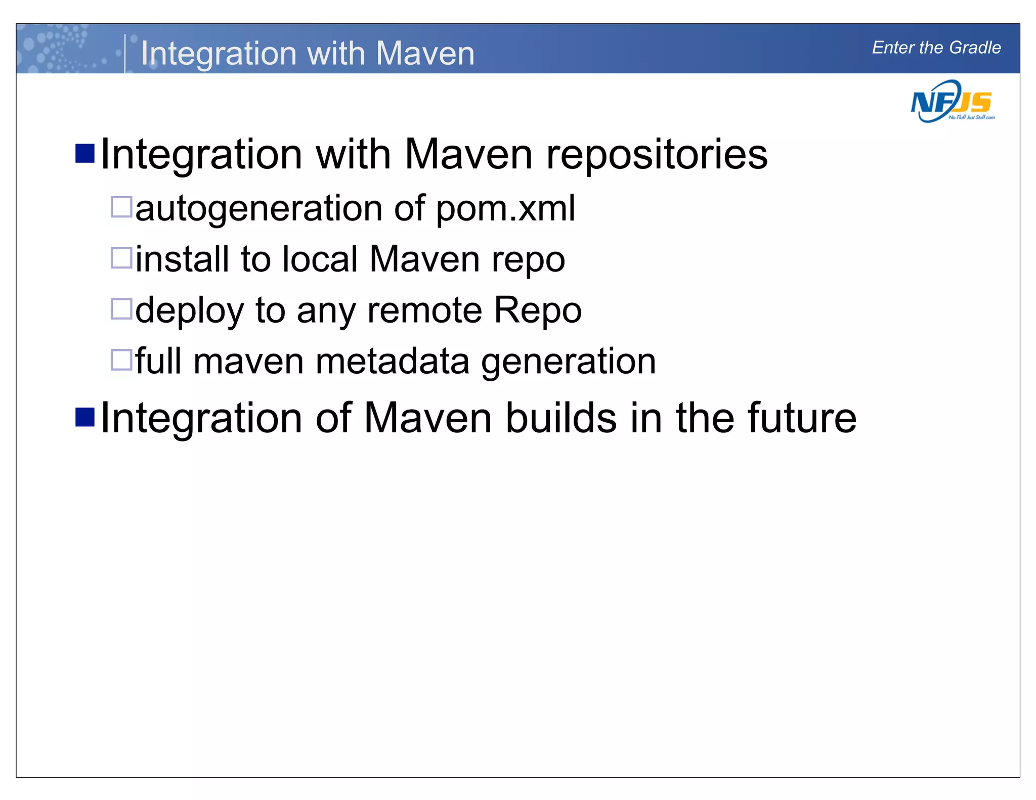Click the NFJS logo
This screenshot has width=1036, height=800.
pos(952,102)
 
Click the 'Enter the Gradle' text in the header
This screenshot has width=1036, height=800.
pos(936,48)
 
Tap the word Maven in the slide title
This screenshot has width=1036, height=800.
pos(425,53)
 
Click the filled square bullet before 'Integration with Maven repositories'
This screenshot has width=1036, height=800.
pos(85,154)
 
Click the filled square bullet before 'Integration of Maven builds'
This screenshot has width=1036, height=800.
pos(85,417)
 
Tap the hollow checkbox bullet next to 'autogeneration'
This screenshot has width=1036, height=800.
pos(121,207)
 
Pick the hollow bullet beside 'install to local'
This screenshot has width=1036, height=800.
pos(121,258)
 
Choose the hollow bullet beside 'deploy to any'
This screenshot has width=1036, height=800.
pos(121,309)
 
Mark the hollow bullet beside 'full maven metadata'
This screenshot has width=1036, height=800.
pos(121,360)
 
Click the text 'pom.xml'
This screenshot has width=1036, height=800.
pos(505,208)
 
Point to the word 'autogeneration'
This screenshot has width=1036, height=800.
pos(258,208)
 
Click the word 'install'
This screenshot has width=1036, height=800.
pos(182,259)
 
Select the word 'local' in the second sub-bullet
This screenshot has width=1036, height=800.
pos(320,259)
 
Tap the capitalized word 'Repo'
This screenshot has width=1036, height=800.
pos(537,310)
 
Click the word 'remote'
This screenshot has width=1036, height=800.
pos(424,310)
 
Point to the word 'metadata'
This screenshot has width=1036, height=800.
pos(392,361)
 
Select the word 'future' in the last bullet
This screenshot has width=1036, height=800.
pos(802,418)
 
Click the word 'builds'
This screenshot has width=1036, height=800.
pos(561,418)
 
